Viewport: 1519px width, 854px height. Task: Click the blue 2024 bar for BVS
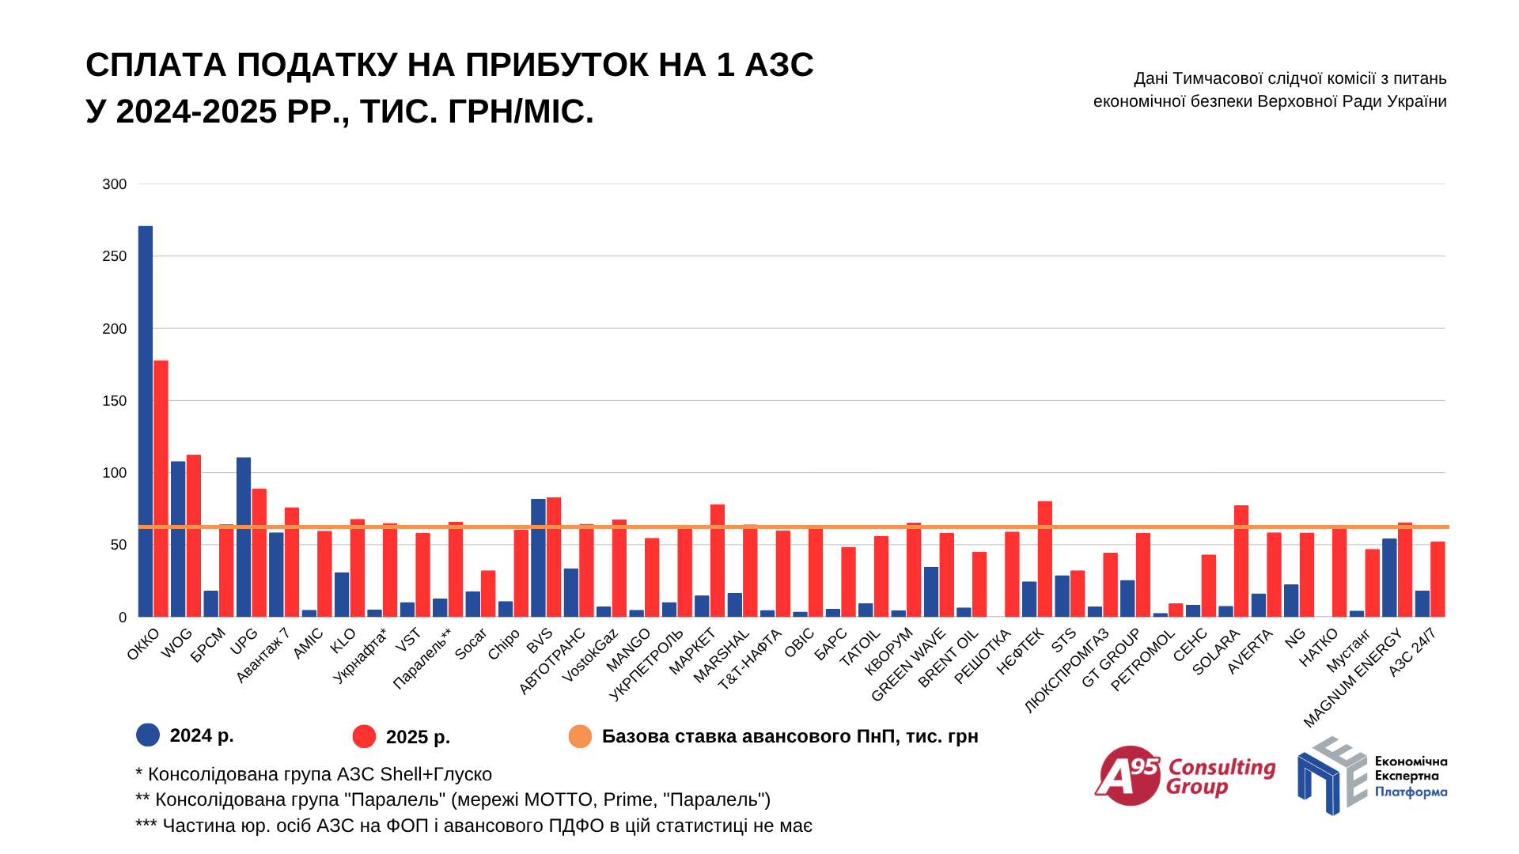538,557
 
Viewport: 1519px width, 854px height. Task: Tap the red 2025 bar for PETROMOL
1176,610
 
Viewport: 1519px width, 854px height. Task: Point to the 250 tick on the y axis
114,256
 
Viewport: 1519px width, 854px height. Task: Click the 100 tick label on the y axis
114,473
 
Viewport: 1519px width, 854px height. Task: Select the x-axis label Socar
471,644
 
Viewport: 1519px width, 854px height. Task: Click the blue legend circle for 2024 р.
148,735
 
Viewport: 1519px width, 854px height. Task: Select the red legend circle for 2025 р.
364,736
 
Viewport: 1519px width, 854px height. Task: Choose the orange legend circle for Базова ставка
580,736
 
